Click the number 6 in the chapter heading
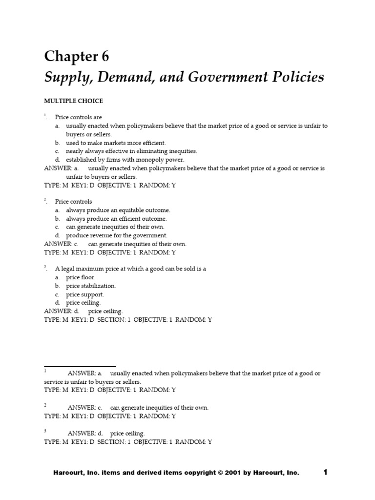point(105,57)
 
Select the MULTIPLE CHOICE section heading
point(74,101)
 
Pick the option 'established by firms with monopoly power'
point(125,159)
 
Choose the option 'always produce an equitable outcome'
point(118,210)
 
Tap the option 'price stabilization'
point(91,286)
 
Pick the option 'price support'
point(85,294)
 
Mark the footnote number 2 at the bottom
point(45,405)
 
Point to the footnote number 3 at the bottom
point(45,431)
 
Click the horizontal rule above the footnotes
point(80,366)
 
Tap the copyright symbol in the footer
point(220,473)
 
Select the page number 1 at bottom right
point(326,472)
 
